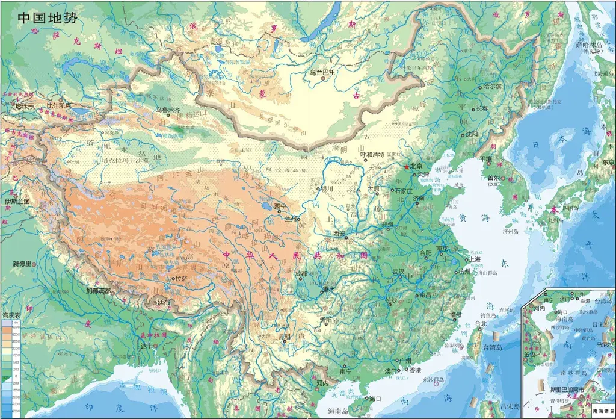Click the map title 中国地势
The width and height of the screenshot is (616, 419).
point(47,17)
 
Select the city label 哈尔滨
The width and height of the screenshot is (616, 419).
point(475,86)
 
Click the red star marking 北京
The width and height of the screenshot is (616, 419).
point(407,167)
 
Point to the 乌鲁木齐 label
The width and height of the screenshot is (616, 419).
point(168,110)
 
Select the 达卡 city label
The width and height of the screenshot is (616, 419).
point(147,346)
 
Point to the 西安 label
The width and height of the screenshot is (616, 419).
point(333,234)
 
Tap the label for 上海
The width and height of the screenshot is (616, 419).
point(475,259)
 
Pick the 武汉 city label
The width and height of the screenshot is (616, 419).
point(398,272)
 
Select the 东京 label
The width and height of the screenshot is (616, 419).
point(608,162)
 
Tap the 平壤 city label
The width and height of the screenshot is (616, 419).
point(485,159)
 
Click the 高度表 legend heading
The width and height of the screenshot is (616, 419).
point(12,315)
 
